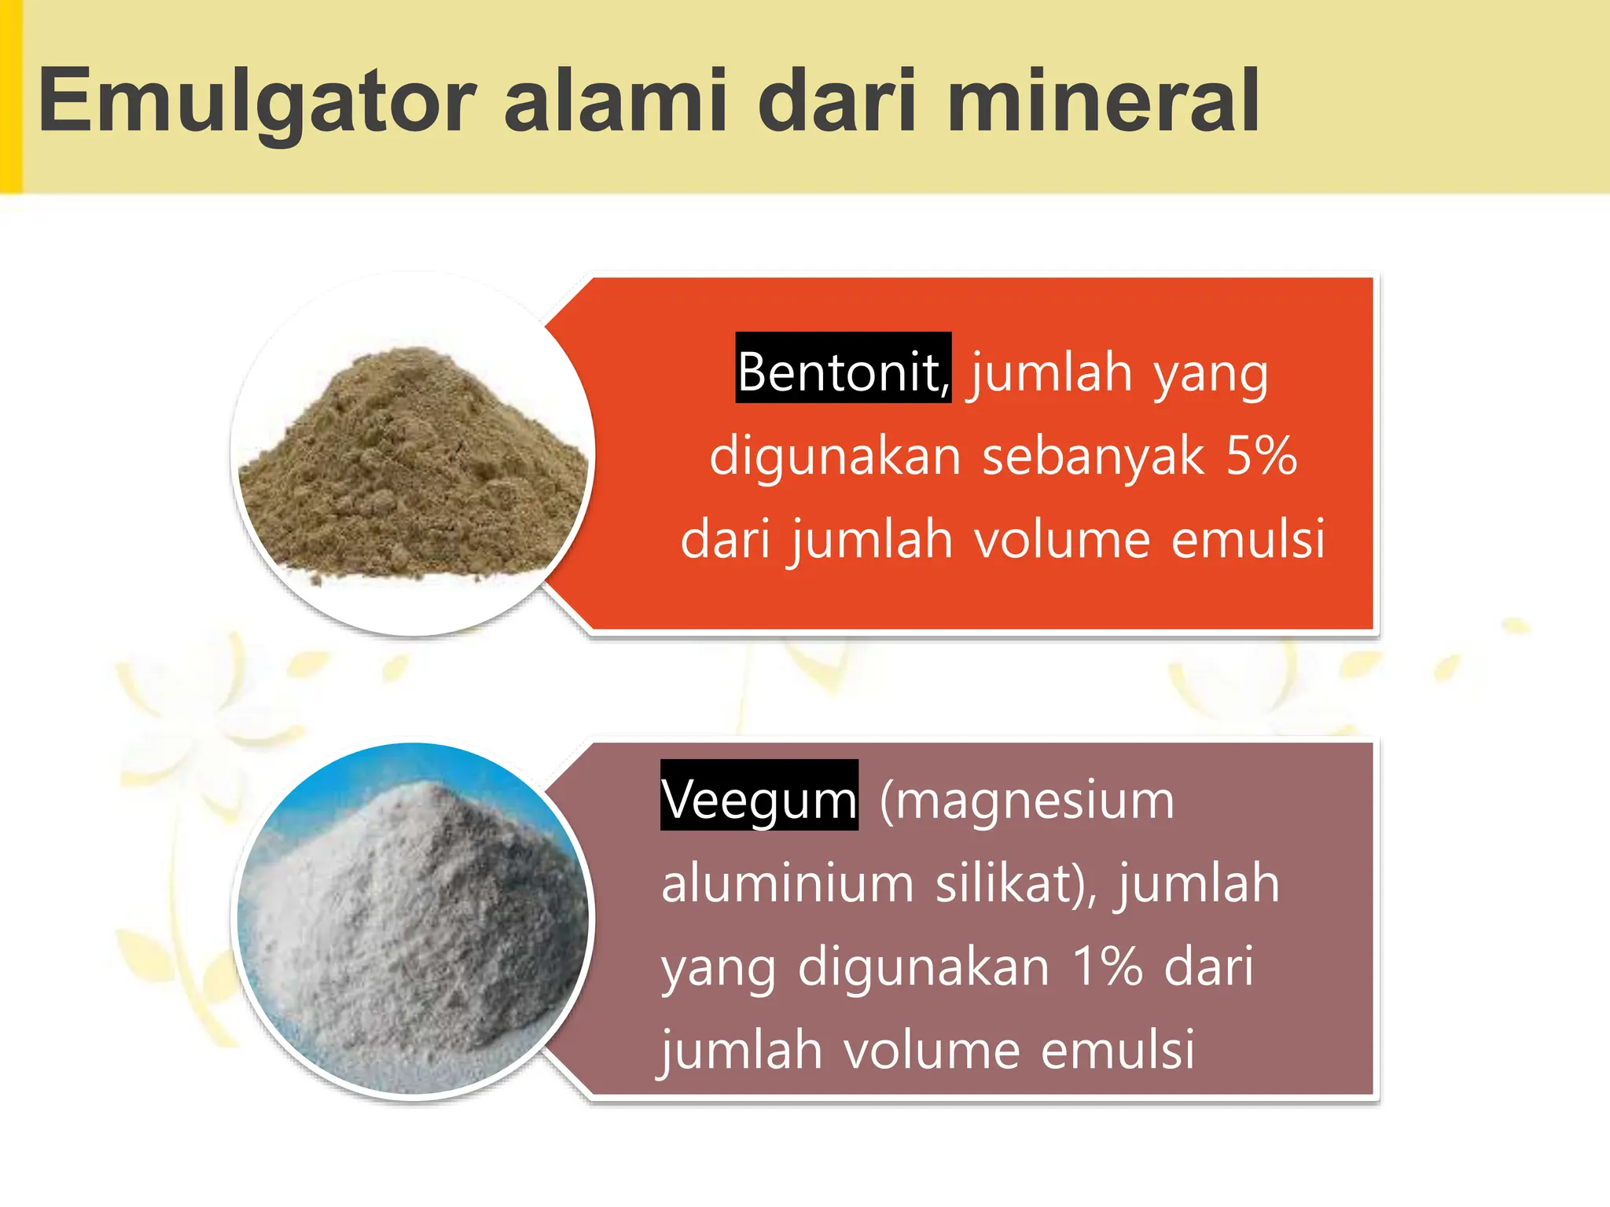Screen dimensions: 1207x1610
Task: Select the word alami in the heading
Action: tap(616, 101)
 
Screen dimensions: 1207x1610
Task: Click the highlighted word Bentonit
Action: tap(842, 371)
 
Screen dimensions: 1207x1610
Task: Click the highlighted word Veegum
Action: tap(759, 799)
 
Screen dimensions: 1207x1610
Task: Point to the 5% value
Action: tap(1262, 456)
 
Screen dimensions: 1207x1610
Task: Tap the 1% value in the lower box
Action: tap(1107, 967)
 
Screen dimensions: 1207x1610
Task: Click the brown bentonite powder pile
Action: tap(413, 471)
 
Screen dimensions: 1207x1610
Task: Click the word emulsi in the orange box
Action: tap(1248, 540)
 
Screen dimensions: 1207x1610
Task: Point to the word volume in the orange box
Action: tap(1062, 540)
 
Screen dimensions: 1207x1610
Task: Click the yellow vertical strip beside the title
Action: tap(10, 96)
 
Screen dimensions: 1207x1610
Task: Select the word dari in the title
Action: tap(836, 101)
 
